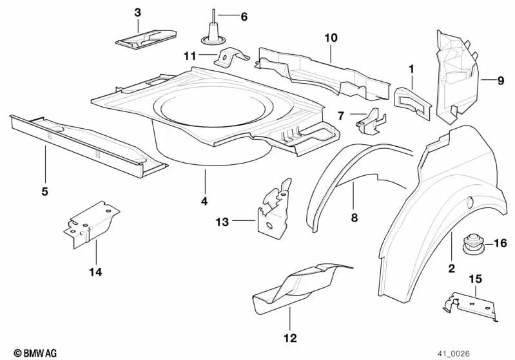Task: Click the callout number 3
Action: [137, 12]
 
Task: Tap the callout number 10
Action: [331, 38]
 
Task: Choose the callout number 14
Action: [95, 271]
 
